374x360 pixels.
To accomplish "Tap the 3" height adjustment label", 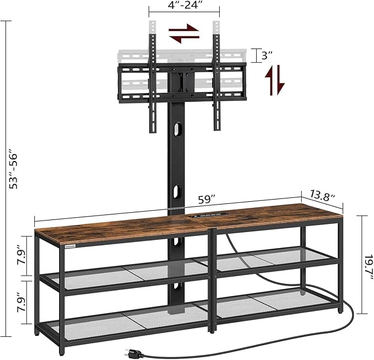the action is point(267,56).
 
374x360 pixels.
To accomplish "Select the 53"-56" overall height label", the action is point(13,169).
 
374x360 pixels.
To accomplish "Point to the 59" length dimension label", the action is point(207,200).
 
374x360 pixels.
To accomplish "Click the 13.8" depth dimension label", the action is point(323,196).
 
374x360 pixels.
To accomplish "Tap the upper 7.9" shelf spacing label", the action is point(21,256).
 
